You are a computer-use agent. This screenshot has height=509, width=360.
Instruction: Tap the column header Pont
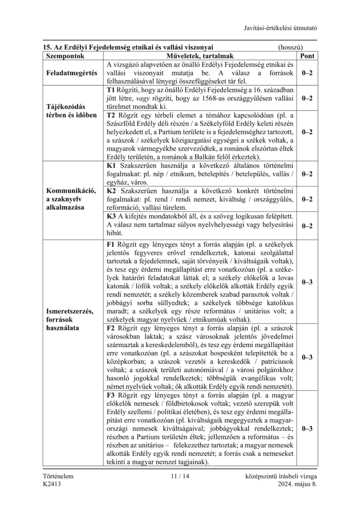pos(307,56)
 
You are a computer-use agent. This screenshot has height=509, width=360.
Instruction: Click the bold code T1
pos(111,89)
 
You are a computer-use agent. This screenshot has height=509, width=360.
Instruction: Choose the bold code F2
pos(111,328)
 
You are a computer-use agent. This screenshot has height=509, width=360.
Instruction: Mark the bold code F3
pos(111,395)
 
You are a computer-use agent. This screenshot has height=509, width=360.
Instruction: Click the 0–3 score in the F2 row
pos(307,357)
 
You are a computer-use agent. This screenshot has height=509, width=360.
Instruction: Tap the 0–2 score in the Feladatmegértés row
pos(307,73)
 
